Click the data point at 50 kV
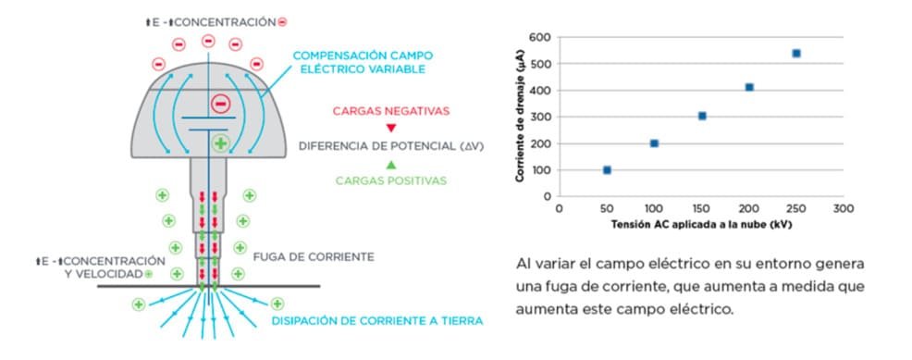[x=607, y=170]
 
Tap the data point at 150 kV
[x=702, y=116]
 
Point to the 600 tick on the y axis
[x=541, y=38]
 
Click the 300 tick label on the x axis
[x=843, y=210]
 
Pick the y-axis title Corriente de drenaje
[x=522, y=117]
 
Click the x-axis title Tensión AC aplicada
[x=700, y=225]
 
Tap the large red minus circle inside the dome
[x=220, y=103]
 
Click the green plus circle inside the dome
[x=220, y=143]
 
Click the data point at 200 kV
[x=749, y=87]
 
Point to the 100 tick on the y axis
[x=541, y=170]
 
